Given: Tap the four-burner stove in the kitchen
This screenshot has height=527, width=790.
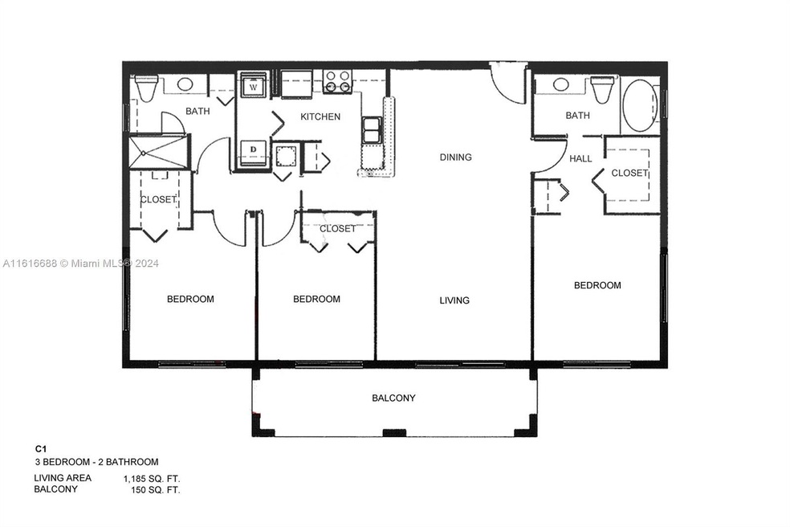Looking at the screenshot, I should [x=337, y=80].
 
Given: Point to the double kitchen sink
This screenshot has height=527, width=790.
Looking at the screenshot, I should [x=371, y=130].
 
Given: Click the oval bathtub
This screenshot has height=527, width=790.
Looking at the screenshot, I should [x=640, y=105].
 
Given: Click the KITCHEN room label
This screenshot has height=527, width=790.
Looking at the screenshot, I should [x=320, y=116].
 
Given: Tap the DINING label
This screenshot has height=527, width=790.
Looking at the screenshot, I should [x=455, y=157].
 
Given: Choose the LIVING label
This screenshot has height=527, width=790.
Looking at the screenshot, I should [x=454, y=300].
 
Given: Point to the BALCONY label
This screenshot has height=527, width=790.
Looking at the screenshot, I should [x=393, y=398].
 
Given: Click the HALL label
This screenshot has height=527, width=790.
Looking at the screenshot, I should [x=580, y=159].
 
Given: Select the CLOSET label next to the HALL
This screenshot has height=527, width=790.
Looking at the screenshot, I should [x=629, y=173].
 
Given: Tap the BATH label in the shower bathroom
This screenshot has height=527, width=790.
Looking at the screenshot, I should [x=197, y=111].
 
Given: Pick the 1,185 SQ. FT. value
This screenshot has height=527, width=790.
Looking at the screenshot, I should [x=151, y=479].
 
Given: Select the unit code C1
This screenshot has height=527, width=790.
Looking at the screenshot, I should [x=40, y=449].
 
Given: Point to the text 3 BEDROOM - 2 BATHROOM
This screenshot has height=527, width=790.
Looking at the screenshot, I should [x=96, y=462].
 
